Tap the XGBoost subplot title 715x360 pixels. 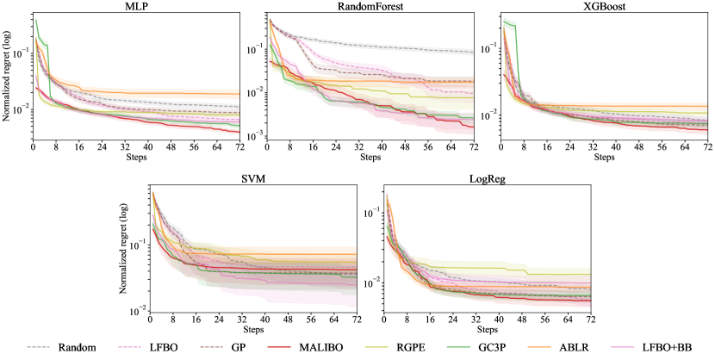tap(605, 6)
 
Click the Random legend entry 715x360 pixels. tap(69, 347)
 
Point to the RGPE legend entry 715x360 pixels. tap(401, 347)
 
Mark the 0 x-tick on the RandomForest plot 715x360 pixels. tap(268, 147)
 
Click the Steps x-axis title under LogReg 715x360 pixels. tap(488, 330)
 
